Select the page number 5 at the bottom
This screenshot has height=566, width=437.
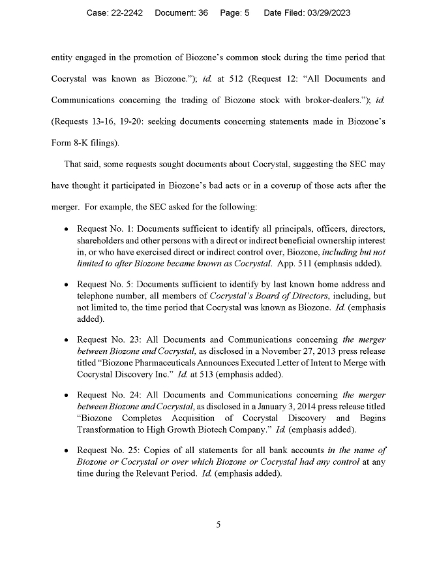point(218,523)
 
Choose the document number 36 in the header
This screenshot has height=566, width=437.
point(202,13)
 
